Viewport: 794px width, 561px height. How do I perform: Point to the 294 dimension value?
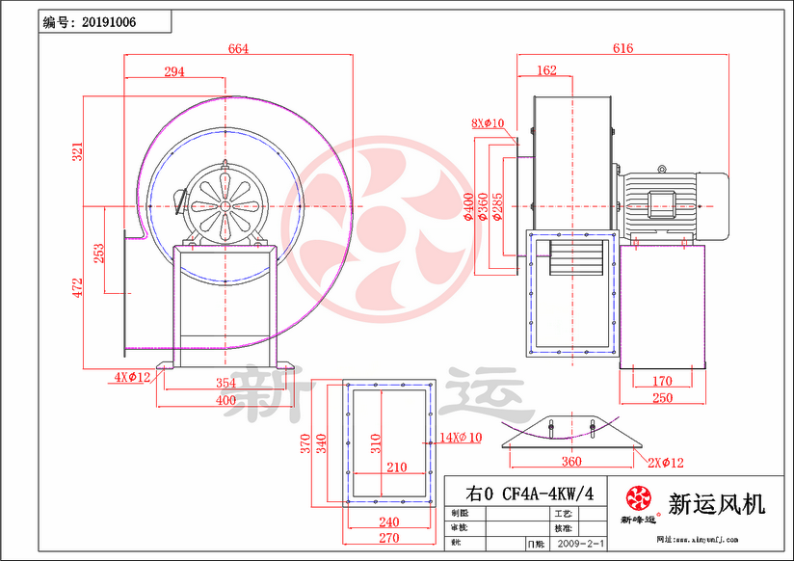[173, 71]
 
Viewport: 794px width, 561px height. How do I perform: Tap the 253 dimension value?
[99, 254]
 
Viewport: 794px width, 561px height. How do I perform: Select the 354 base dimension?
[225, 384]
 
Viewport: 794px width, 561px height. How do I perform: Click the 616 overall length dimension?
[622, 49]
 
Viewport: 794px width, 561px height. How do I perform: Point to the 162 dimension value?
[545, 70]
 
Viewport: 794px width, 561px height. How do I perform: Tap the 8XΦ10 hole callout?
[489, 123]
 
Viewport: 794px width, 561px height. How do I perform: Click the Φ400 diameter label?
[469, 205]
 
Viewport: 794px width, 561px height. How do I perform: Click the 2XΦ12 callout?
[665, 464]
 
